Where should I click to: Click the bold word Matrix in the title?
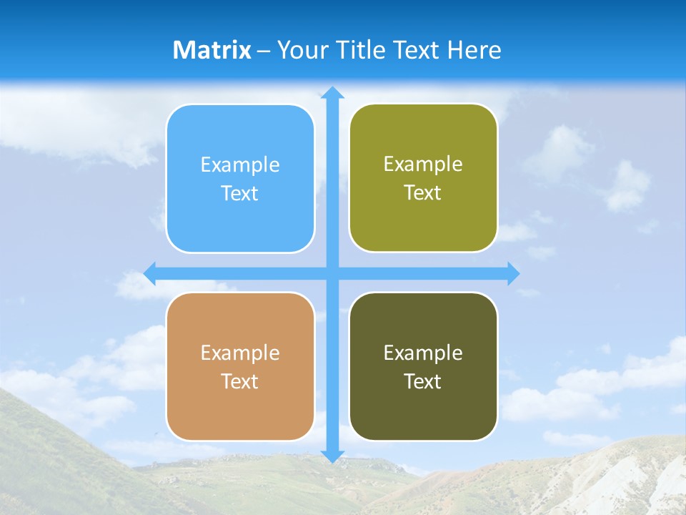(x=212, y=50)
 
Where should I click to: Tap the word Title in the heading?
(x=361, y=50)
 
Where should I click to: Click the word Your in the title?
(x=302, y=50)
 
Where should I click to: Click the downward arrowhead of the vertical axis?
(x=332, y=456)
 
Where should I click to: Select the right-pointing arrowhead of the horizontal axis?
(x=513, y=273)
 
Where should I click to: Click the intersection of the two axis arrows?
(x=332, y=273)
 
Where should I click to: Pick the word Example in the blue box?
(x=240, y=165)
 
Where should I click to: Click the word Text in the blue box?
(x=240, y=193)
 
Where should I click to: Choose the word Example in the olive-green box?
(x=423, y=165)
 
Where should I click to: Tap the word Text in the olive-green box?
(x=423, y=192)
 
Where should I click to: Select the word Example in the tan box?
(x=240, y=353)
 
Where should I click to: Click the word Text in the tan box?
(x=240, y=381)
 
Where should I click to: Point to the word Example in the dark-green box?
(x=423, y=353)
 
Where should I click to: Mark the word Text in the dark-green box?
(x=423, y=381)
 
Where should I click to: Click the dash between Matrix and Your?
(x=264, y=51)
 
